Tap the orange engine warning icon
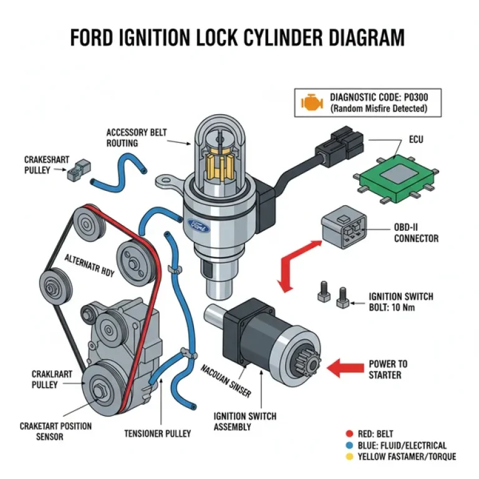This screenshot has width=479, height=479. pos(308,102)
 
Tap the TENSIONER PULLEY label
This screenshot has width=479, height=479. pos(157,433)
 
